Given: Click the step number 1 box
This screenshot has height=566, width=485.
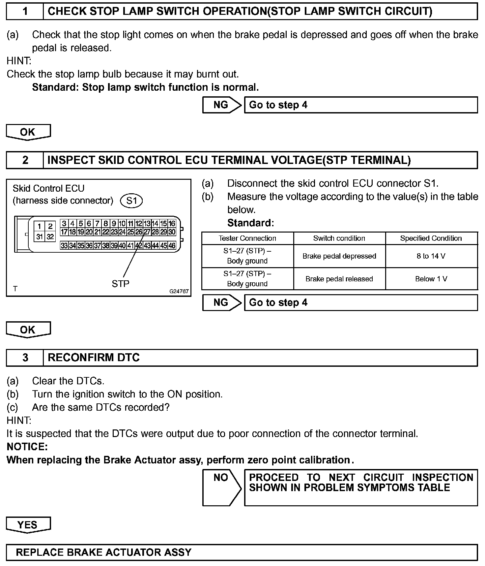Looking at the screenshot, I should pyautogui.click(x=25, y=12).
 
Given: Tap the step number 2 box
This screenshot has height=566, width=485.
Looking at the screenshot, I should pyautogui.click(x=25, y=160).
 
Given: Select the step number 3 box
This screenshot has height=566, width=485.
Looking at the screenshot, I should pyautogui.click(x=25, y=358).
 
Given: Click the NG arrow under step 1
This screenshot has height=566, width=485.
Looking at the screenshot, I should pyautogui.click(x=221, y=105).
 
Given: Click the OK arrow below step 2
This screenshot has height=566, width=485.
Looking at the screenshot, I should pyautogui.click(x=28, y=330).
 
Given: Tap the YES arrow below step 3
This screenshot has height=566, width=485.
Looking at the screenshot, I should pyautogui.click(x=28, y=524).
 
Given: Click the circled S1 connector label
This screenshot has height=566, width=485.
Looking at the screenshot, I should pyautogui.click(x=131, y=201).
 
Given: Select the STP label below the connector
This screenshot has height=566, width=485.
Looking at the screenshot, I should pyautogui.click(x=120, y=284).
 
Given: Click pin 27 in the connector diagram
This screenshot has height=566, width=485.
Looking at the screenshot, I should pyautogui.click(x=147, y=232).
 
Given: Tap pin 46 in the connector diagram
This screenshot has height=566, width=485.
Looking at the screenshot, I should pyautogui.click(x=172, y=245).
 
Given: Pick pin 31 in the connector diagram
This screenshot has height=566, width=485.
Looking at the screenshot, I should pyautogui.click(x=40, y=236).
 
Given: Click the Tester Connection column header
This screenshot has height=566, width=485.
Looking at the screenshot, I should pyautogui.click(x=247, y=238).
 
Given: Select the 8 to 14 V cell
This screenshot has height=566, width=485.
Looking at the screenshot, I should pyautogui.click(x=431, y=256).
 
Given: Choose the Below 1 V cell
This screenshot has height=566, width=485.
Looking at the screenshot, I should pyautogui.click(x=431, y=279).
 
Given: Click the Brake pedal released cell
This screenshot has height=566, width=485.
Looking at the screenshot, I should pyautogui.click(x=339, y=279).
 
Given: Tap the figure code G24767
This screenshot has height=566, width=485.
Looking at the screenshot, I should pyautogui.click(x=179, y=291).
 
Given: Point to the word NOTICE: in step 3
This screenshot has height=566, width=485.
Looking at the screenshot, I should pyautogui.click(x=27, y=447).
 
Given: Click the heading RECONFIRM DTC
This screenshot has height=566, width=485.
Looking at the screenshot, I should pyautogui.click(x=94, y=358).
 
